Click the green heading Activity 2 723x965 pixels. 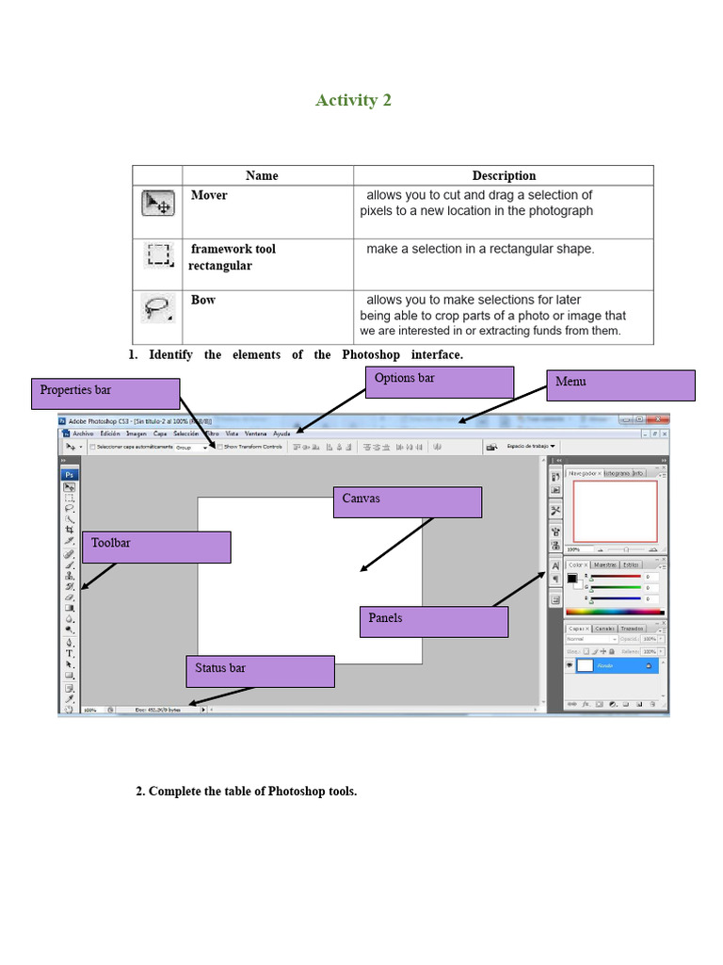click(353, 101)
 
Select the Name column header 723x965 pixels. click(262, 175)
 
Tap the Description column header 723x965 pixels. click(504, 175)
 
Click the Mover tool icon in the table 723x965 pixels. click(156, 203)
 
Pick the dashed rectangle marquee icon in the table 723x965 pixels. click(157, 255)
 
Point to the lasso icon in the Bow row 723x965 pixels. click(156, 307)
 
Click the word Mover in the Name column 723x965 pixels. click(209, 195)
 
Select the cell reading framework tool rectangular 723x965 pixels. click(232, 257)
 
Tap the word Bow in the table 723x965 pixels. click(203, 300)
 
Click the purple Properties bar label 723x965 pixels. click(104, 394)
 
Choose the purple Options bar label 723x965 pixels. click(439, 382)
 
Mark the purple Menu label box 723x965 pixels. click(620, 385)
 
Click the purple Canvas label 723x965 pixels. click(407, 502)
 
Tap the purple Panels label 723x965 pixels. click(433, 622)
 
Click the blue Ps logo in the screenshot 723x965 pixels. click(69, 474)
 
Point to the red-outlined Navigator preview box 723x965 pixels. click(615, 512)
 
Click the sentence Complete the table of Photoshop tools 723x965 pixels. click(247, 791)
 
